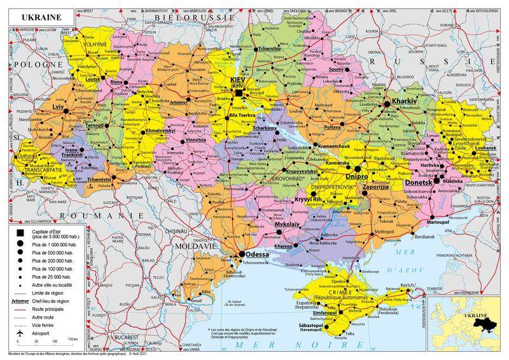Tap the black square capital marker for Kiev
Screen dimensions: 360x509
point(238,93)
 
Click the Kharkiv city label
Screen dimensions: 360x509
point(404,102)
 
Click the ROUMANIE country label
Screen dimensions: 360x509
point(111,216)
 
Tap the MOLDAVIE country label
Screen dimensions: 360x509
point(197,245)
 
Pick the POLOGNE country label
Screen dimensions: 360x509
point(25,65)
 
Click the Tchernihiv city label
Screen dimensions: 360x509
point(270,48)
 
